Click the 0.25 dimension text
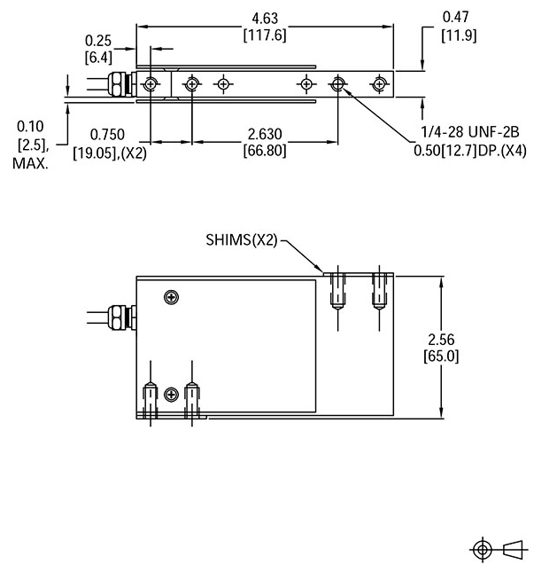tap(97, 41)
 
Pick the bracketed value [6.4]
tap(97, 58)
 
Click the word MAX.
tap(30, 164)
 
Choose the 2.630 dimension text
tap(265, 134)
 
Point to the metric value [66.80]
tap(265, 151)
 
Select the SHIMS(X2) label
tap(242, 239)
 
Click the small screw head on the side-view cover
tap(169, 296)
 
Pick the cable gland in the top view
tap(119, 84)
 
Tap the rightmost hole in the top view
tap(379, 84)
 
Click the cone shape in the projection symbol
tap(513, 549)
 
